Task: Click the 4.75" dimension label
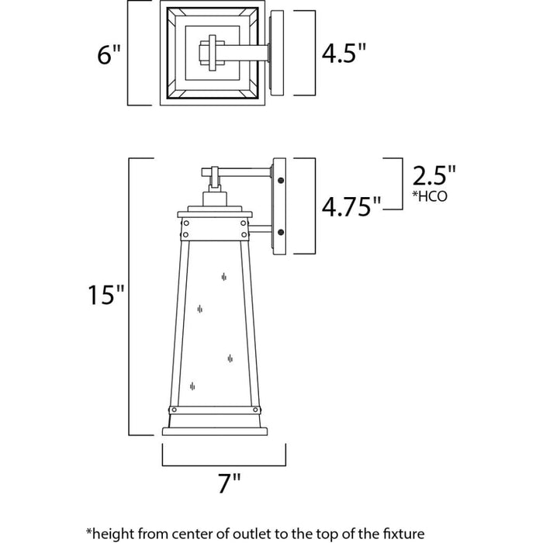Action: [351, 206]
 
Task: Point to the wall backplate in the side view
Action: [280, 205]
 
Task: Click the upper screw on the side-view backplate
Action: [281, 181]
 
